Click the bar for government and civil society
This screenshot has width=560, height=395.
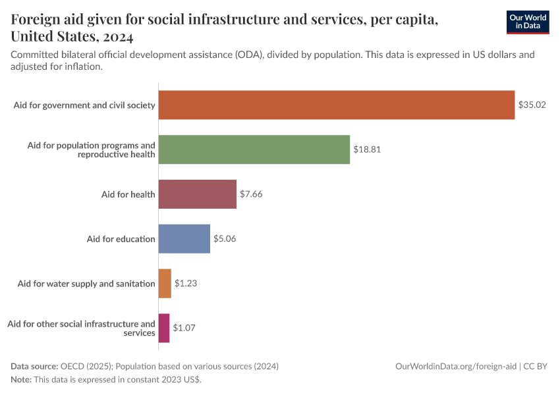[337, 105]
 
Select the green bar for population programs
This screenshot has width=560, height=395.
[254, 149]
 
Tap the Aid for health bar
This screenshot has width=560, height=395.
[198, 194]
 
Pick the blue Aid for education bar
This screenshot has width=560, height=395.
[184, 239]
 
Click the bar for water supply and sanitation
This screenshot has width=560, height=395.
[165, 284]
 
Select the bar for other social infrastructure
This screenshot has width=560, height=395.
[164, 328]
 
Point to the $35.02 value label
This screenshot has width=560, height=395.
[532, 105]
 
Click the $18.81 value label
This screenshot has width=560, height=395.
[367, 149]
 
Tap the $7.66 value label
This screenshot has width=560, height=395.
[252, 194]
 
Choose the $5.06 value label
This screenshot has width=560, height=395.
[225, 239]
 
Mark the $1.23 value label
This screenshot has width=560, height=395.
[186, 284]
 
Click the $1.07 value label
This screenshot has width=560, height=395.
[184, 328]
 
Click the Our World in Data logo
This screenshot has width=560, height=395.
[527, 22]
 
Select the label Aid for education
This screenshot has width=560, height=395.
[121, 239]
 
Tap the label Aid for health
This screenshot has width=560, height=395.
[128, 194]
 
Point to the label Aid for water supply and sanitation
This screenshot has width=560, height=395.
[86, 284]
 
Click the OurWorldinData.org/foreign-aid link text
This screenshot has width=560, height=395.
[455, 366]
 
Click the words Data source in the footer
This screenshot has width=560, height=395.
[34, 366]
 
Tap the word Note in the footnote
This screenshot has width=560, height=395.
[20, 380]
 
